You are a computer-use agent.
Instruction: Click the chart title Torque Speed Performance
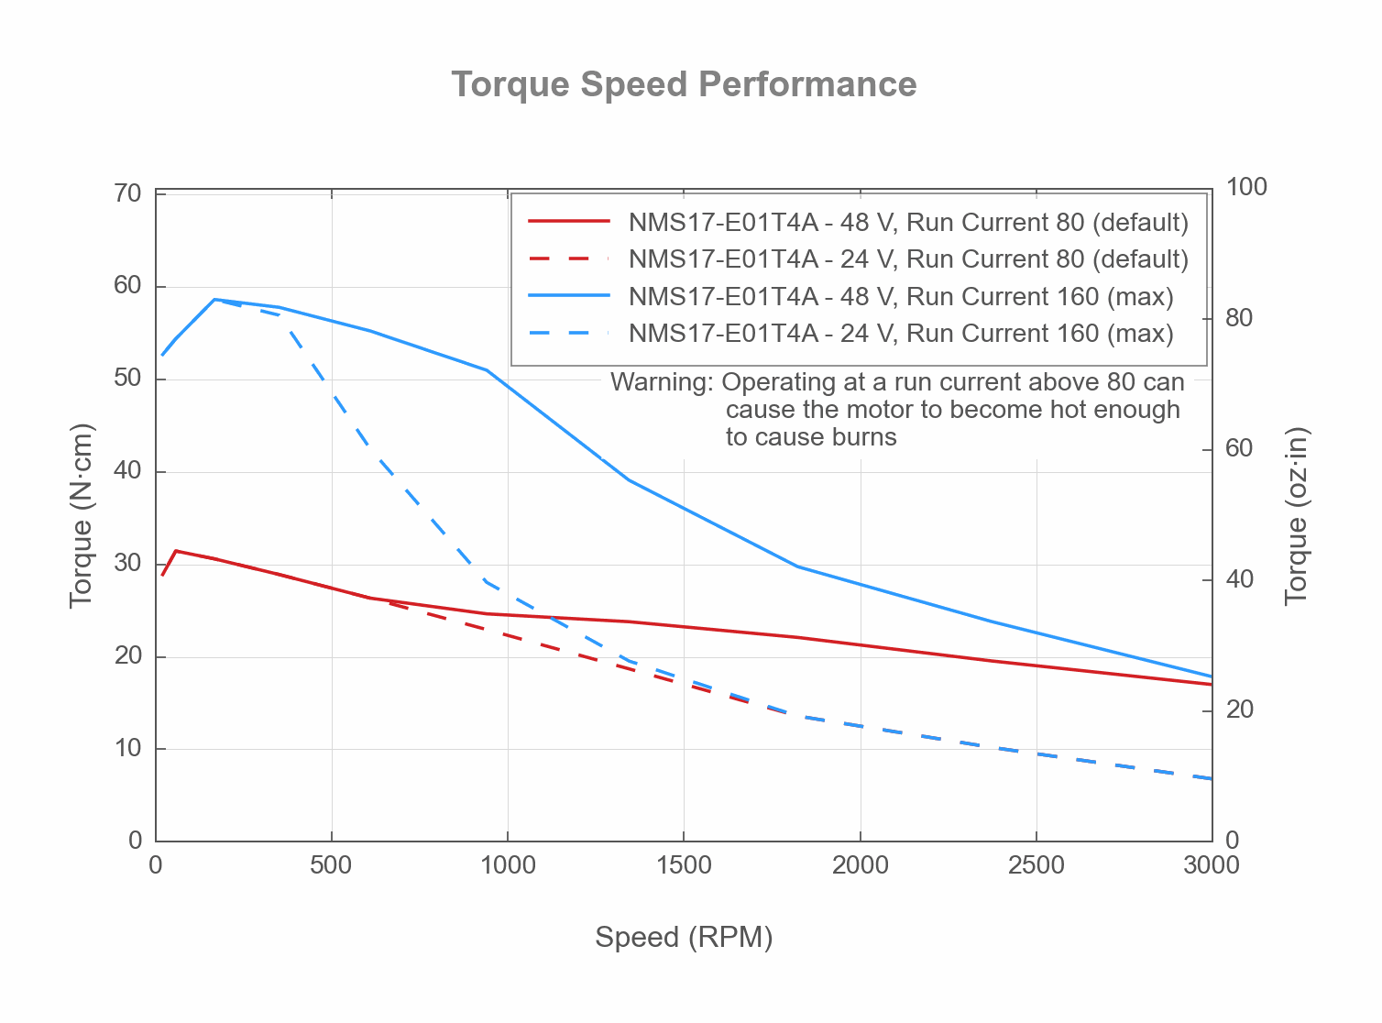tap(684, 84)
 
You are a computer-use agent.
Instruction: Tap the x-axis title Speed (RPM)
tap(684, 937)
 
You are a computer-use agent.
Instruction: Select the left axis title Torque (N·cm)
tap(82, 515)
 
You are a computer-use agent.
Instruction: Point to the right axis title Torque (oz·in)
tap(1296, 515)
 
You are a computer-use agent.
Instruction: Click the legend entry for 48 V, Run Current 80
tap(907, 223)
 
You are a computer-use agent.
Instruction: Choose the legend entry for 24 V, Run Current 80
tap(907, 259)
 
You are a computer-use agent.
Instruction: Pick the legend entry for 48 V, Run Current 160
tap(900, 296)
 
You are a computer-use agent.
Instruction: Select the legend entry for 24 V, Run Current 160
tap(900, 333)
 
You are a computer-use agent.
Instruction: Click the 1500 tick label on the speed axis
tap(684, 865)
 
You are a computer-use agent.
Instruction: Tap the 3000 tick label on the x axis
tap(1211, 865)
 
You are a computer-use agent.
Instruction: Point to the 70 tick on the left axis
tap(128, 193)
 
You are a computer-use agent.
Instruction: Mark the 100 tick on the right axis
tap(1246, 187)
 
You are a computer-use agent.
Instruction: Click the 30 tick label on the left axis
tap(128, 563)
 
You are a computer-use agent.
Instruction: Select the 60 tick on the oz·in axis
tap(1239, 448)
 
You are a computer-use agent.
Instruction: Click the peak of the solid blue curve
tap(214, 299)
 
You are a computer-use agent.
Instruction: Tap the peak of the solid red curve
tap(175, 551)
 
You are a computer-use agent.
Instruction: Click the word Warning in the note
tap(661, 382)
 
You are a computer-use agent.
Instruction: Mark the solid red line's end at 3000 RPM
tap(1211, 684)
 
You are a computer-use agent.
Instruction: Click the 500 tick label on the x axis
tap(331, 865)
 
